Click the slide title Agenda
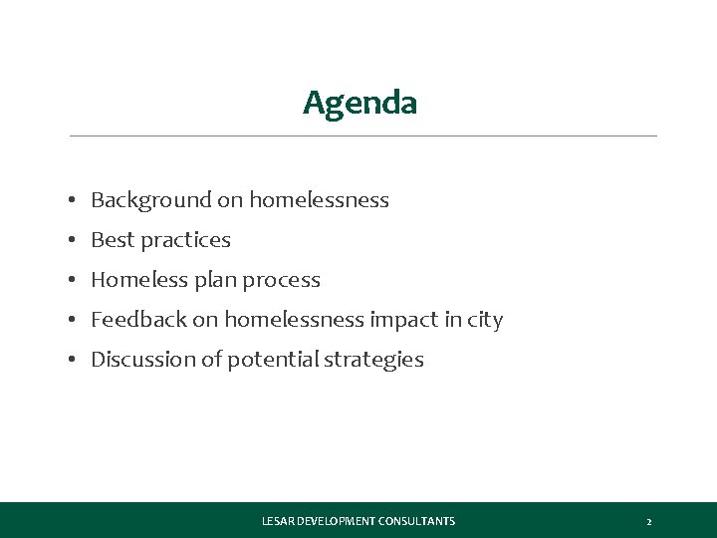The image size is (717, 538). coord(359,103)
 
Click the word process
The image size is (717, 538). coord(282,281)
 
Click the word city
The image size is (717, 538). coord(484,320)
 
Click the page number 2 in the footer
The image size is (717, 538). coord(648,521)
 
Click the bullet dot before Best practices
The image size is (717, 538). coord(75,241)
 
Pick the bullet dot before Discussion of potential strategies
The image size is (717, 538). coord(75,361)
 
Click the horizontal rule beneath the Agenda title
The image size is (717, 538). coord(362,135)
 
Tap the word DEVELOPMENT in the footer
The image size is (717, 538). coord(335,521)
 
